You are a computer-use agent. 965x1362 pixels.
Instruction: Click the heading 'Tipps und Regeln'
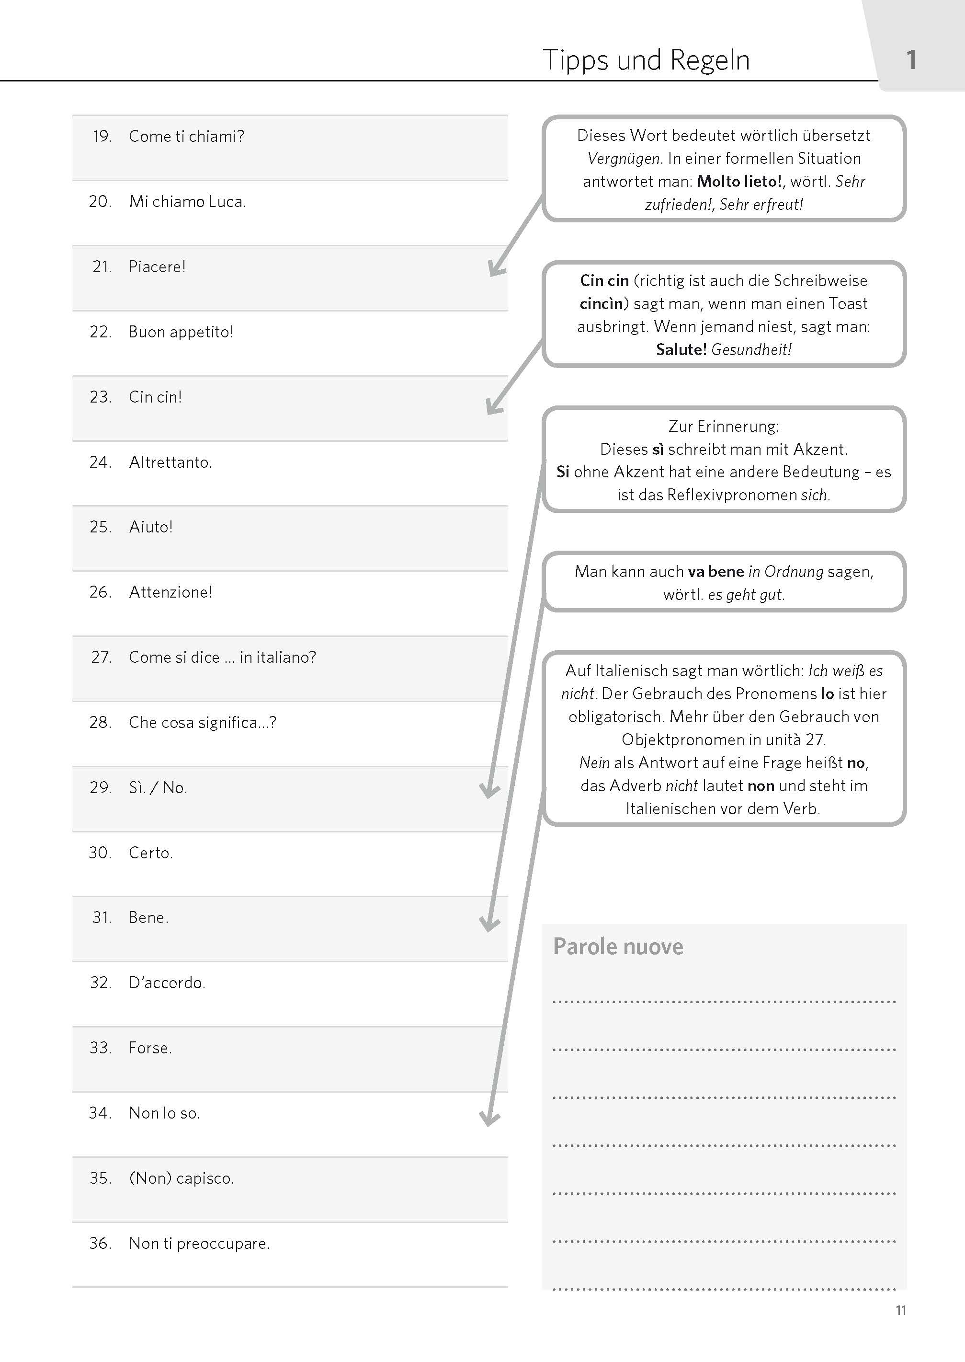point(646,60)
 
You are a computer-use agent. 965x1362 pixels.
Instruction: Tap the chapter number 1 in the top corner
point(911,60)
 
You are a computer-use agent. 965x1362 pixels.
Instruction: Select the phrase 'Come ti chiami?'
point(186,137)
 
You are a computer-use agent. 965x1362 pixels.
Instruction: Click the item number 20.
point(101,202)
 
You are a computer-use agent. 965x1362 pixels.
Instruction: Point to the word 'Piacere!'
point(157,267)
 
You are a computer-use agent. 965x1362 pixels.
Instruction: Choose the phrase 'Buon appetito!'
point(181,332)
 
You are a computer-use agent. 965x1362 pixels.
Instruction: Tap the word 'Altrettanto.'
point(170,462)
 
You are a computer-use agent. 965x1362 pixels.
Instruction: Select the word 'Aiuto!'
point(151,527)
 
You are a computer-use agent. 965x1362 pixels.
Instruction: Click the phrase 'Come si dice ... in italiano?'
point(222,658)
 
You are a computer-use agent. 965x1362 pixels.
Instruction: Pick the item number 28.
point(101,722)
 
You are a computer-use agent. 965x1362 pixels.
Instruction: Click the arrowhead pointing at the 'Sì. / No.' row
point(489,791)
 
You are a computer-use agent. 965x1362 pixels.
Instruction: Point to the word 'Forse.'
point(150,1048)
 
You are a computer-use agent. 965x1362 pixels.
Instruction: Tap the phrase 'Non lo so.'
point(164,1113)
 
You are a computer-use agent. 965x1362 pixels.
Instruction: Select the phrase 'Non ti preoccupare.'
point(199,1244)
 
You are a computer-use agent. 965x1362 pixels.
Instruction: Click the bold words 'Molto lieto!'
point(739,181)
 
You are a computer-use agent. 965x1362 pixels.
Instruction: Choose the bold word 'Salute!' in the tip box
point(681,349)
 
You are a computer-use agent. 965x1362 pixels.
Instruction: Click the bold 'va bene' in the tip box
point(715,572)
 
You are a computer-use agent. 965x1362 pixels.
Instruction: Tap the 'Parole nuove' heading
point(618,946)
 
